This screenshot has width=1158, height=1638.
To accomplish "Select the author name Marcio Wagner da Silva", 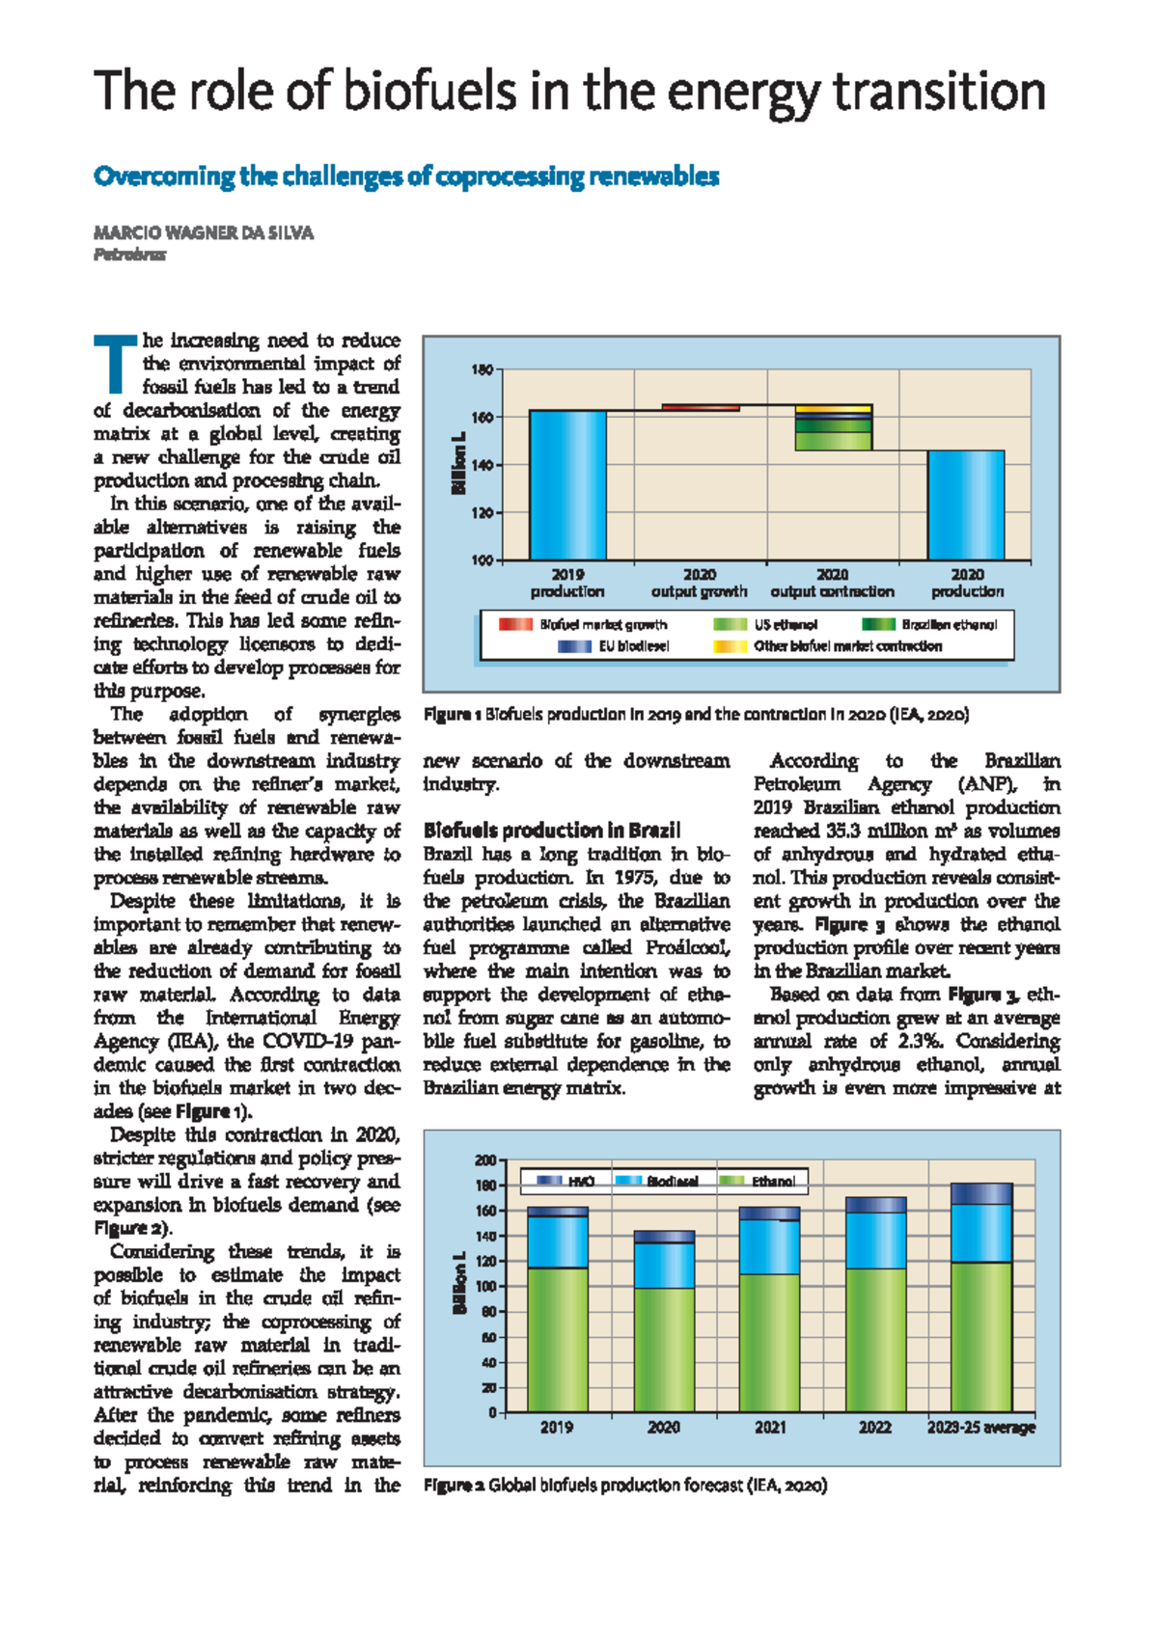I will tap(203, 232).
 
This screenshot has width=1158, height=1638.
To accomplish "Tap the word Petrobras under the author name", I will tap(129, 256).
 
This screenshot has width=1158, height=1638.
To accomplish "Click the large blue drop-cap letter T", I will tap(115, 363).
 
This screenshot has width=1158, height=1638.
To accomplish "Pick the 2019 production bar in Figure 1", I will tap(567, 484).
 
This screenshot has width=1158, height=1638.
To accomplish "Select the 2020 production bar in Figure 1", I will tap(966, 505).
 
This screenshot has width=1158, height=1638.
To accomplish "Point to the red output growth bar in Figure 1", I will tap(701, 408).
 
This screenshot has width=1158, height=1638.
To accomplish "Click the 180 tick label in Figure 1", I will tap(482, 369).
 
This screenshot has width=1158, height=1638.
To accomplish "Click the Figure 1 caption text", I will tap(696, 715).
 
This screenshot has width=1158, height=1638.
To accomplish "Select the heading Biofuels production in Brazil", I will tap(552, 831).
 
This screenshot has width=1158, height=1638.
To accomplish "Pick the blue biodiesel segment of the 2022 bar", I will tap(875, 1241).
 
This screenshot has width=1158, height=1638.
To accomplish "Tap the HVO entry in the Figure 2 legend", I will tap(565, 1181).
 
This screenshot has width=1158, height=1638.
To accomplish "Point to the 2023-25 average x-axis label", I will tap(980, 1427).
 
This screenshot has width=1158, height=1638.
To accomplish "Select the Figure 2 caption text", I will tap(625, 1486).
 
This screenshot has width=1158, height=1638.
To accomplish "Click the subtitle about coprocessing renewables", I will tap(406, 177).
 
